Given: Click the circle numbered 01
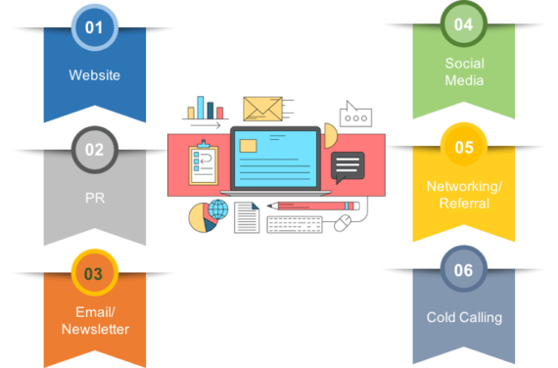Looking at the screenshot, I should (x=94, y=28).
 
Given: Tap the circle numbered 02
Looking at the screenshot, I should (x=94, y=150).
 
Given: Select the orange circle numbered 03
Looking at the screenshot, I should (x=94, y=274).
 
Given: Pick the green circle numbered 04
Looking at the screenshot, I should (x=464, y=24).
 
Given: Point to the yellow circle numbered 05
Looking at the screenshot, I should (x=464, y=147).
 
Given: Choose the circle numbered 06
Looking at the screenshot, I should (x=464, y=269).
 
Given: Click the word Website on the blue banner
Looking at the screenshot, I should (x=94, y=75).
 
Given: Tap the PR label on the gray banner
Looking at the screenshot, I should (x=94, y=197).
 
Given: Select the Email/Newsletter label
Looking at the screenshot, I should (x=94, y=321).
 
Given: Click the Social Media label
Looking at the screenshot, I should (x=464, y=71).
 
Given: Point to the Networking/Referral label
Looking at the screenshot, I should (x=464, y=195).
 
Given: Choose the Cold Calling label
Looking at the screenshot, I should (x=464, y=317).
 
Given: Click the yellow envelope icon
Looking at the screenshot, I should (x=262, y=109).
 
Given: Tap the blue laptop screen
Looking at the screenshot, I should (x=275, y=158).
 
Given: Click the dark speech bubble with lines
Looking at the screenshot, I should (x=347, y=166).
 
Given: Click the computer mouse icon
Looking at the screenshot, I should (x=343, y=224).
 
